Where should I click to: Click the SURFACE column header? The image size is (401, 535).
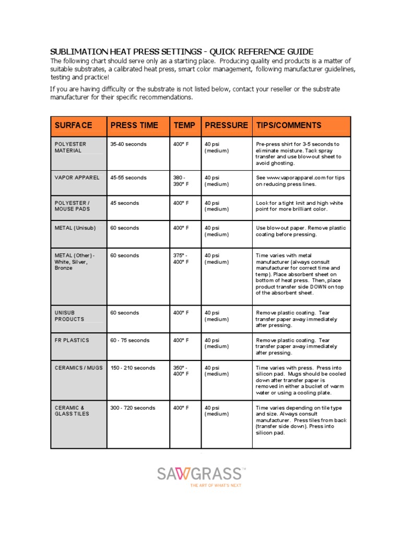coord(73,125)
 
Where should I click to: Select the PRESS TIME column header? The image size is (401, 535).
coord(134,125)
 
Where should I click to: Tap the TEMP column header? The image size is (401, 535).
coord(184,125)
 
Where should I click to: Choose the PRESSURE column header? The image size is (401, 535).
coord(226,125)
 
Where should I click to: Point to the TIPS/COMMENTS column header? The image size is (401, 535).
coord(288,125)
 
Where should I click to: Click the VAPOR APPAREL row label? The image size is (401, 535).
coord(77,178)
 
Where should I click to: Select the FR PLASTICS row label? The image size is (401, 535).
coord(72,340)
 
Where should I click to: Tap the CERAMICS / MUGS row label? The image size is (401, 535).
coord(79,368)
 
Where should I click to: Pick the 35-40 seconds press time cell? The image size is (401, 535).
coord(128,144)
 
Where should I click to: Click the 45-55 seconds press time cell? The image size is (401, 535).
coord(128,178)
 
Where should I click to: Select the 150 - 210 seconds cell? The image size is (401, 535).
coord(133,368)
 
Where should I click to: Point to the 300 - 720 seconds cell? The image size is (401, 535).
coord(133,408)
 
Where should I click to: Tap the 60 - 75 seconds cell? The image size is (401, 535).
coord(129,340)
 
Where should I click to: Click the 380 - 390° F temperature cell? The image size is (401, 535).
coord(181,181)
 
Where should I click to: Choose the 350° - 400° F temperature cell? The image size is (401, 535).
coord(181,371)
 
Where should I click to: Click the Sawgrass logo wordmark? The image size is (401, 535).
coord(199,474)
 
